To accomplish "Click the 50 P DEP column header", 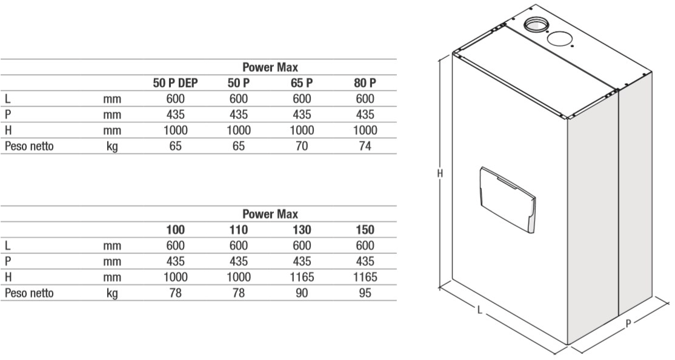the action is [x=175, y=83].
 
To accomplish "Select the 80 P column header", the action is [x=365, y=83].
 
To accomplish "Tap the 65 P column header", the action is [x=302, y=83].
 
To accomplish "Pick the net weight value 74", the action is [x=365, y=147].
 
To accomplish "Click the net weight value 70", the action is [x=302, y=147].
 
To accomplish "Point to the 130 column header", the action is [x=302, y=230].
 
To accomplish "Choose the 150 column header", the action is [x=365, y=230].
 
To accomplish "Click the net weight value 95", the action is [x=365, y=293].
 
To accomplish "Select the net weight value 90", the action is [x=302, y=293].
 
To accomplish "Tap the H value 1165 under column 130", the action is [x=302, y=278].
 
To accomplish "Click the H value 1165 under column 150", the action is [x=365, y=278].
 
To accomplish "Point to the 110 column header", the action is [x=239, y=230].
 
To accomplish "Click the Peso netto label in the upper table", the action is [x=29, y=147].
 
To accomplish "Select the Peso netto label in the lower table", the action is [x=29, y=293].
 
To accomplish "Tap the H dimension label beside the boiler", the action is [x=439, y=173].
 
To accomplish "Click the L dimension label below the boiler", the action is [x=480, y=310].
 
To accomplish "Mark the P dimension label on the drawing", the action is [x=628, y=324].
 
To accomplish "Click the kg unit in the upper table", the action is [x=112, y=147].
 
